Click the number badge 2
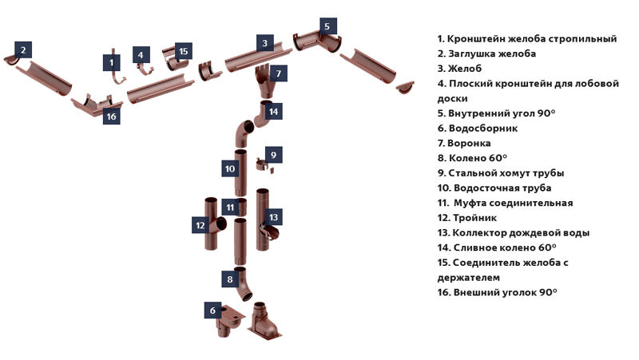click(x=23, y=49)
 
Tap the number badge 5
click(x=326, y=26)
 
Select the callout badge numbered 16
click(x=111, y=117)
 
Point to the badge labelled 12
click(x=200, y=226)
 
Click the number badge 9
click(x=272, y=154)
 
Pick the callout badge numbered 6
click(x=212, y=310)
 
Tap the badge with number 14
click(x=273, y=112)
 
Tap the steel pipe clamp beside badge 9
click(x=263, y=166)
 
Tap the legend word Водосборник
click(x=484, y=128)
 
